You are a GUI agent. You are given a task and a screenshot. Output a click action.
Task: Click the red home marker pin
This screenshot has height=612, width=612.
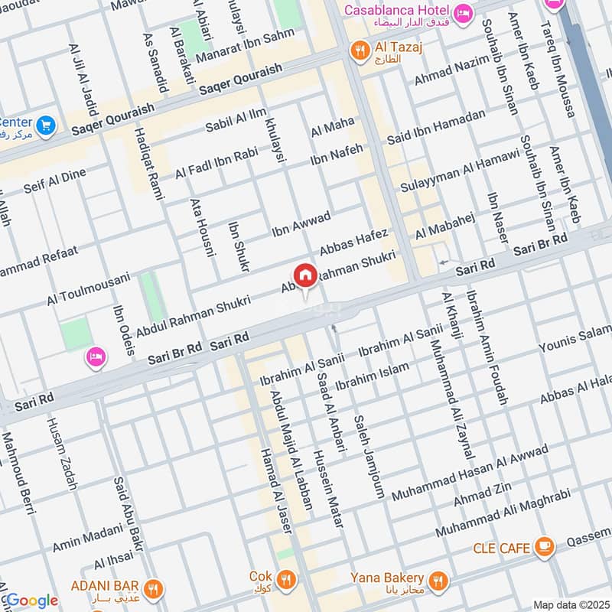(x=304, y=275)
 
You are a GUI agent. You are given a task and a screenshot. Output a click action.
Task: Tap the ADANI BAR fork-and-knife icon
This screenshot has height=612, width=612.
(x=153, y=588)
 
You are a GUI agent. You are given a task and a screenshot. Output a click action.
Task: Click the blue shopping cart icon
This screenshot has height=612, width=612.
(x=45, y=124)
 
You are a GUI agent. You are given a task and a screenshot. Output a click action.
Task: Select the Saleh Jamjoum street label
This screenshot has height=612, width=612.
(x=369, y=457)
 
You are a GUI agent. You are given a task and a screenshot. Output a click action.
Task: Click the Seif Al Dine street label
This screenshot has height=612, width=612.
(x=54, y=180)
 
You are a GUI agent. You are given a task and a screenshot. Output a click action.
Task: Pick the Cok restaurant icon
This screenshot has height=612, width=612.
(x=287, y=578)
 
